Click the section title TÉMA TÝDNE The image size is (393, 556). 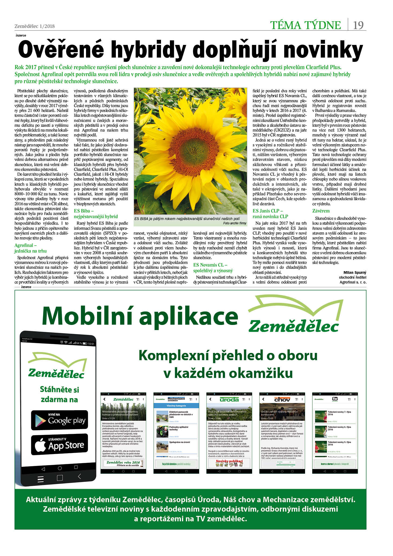[x=305, y=25]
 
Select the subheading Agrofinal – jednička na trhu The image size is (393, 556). [x=30, y=248]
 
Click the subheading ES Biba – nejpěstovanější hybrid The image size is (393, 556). [x=96, y=214]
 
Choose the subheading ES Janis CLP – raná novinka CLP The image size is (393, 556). [x=270, y=214]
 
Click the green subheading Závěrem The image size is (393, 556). [x=321, y=211]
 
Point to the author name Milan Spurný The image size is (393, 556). [x=355, y=272]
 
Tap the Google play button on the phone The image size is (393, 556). [x=59, y=420]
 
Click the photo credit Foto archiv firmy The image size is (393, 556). [x=234, y=223]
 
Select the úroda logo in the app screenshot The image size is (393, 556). [x=229, y=399]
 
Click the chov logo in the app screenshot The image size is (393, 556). [x=282, y=399]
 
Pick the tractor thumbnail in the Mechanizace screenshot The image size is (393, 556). [x=162, y=431]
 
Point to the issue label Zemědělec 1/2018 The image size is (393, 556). [x=34, y=26]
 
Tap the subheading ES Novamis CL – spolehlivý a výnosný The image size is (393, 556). [x=213, y=268]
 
